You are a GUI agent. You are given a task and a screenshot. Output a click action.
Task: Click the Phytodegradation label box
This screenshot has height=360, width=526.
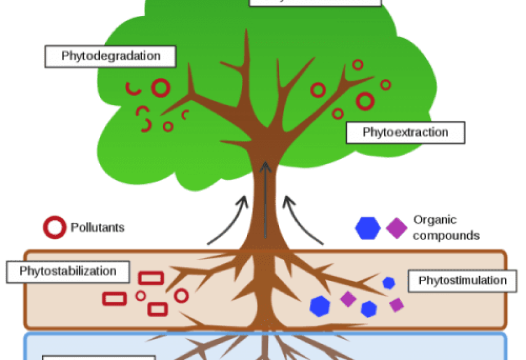coord(111,56)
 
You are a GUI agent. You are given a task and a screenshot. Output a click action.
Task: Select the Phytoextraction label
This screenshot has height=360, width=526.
coord(405,132)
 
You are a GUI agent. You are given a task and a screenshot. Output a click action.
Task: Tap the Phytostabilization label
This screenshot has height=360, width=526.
coord(68,271)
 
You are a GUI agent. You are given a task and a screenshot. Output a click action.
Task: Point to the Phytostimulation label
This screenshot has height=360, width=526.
coord(462,280)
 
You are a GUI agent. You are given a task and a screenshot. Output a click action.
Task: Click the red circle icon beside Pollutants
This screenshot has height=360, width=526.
coord(54,227)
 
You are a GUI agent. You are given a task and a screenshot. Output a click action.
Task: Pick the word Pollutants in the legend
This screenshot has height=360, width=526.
coord(97,227)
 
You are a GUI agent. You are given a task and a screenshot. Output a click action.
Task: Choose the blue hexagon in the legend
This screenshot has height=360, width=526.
coord(368,228)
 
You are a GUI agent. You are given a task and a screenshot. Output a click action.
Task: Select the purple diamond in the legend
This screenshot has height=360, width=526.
coord(397,228)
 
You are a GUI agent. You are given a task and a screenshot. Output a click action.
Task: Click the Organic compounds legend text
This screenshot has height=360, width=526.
coord(445,228)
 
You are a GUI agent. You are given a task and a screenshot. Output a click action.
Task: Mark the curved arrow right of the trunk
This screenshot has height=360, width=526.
coord(303,220)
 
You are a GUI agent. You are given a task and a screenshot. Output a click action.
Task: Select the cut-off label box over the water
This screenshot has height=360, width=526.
coord(99,357)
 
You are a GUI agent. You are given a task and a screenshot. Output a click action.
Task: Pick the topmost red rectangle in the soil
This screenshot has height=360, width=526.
coord(151,278)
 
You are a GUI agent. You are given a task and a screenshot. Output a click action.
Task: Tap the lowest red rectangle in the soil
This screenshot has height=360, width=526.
coord(158,309)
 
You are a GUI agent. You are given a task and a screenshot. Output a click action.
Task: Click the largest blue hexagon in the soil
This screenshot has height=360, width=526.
coord(320,306)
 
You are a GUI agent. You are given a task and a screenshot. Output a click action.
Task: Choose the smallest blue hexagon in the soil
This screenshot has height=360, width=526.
coord(388,283)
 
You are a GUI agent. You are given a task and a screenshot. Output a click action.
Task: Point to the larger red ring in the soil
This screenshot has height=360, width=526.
coord(181,296)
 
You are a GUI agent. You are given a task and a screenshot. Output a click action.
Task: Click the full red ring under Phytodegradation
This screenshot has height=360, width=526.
coord(160,88)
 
